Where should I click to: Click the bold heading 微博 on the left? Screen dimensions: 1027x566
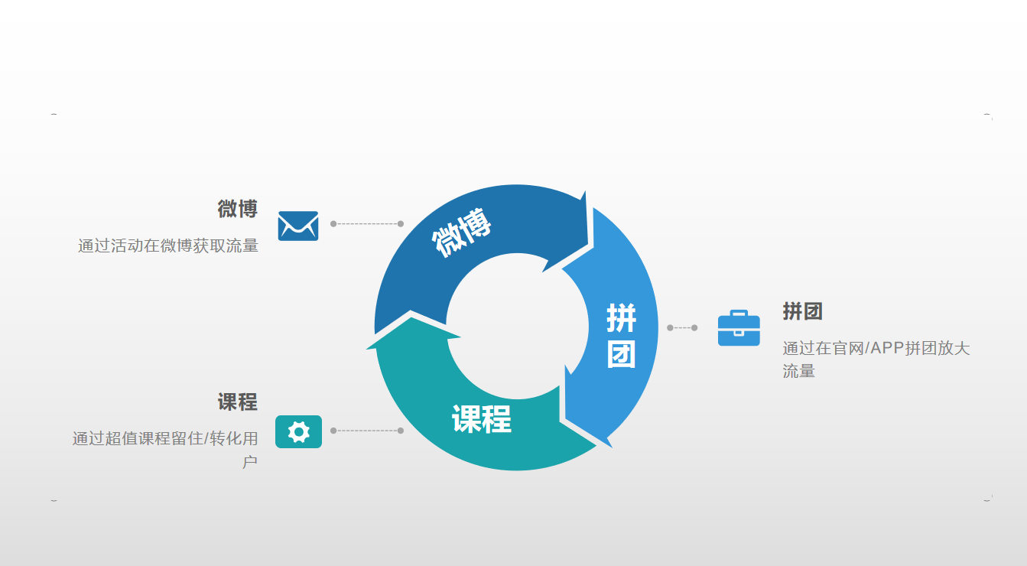click(x=238, y=209)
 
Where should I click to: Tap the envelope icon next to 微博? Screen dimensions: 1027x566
click(x=298, y=226)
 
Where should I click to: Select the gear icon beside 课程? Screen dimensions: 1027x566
click(x=298, y=431)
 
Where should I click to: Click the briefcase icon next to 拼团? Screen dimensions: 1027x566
click(x=739, y=328)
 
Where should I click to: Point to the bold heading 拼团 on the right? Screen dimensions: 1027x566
click(x=802, y=311)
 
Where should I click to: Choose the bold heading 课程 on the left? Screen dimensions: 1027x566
click(x=238, y=402)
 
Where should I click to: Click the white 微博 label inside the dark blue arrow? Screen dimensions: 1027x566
click(x=461, y=232)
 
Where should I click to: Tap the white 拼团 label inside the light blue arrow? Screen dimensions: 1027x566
click(x=621, y=335)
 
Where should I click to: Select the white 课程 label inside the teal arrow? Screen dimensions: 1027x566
click(x=482, y=419)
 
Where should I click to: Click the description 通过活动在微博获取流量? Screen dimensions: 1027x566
click(x=168, y=246)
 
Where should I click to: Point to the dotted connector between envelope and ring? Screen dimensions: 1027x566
click(x=367, y=224)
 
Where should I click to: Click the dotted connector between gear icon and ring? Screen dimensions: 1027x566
click(x=367, y=431)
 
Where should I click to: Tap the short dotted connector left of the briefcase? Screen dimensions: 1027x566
click(x=682, y=327)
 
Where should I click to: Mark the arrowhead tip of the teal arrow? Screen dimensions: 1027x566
click(x=366, y=349)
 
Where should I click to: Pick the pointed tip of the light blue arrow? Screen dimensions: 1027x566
click(x=612, y=447)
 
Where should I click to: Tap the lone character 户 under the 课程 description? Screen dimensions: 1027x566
click(x=250, y=461)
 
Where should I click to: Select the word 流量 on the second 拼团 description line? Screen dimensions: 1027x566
click(x=798, y=371)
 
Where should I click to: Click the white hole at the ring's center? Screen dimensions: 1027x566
click(x=517, y=326)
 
